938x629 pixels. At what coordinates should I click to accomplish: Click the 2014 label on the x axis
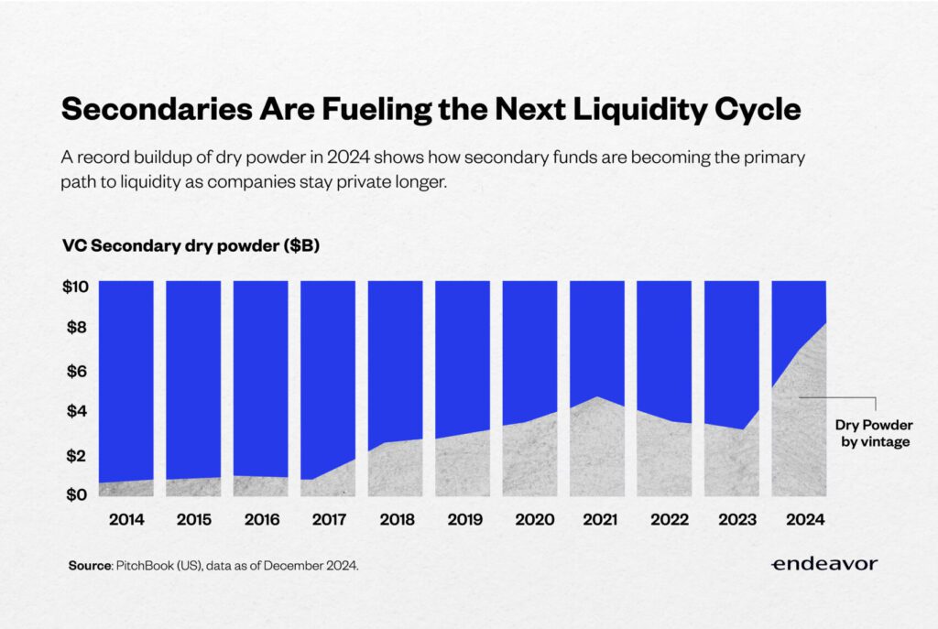[125, 520]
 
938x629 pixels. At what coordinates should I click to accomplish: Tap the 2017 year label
[328, 520]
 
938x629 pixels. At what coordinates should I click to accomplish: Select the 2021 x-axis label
[596, 520]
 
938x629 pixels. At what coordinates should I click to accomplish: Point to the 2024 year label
[799, 520]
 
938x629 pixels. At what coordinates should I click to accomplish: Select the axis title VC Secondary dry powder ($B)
[191, 246]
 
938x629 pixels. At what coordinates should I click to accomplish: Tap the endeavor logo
[823, 564]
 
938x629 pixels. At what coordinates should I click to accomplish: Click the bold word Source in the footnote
[89, 566]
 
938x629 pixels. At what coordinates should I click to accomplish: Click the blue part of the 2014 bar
[125, 375]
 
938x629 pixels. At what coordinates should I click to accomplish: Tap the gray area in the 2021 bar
[596, 449]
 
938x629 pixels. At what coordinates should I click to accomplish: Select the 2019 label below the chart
[462, 520]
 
